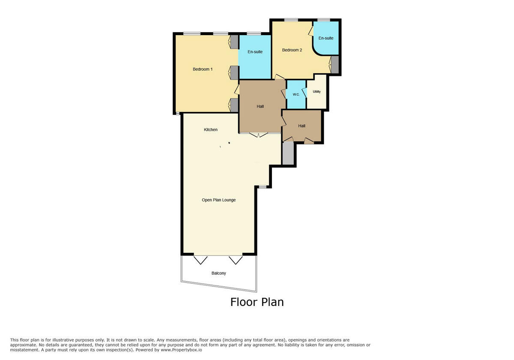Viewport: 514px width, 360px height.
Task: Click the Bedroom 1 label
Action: point(203,69)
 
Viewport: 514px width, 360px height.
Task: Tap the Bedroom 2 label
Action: point(292,50)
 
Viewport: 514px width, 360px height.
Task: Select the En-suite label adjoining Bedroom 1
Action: point(255,52)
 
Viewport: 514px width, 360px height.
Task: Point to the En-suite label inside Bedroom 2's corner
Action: point(326,38)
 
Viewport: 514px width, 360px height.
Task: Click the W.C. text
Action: point(296,94)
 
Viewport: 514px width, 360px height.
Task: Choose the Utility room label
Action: point(317,92)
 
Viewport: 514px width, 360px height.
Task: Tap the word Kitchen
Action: point(210,129)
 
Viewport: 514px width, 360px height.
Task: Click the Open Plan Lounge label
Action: point(218,200)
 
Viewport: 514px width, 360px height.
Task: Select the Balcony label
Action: point(218,273)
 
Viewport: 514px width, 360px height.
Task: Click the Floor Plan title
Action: point(257,302)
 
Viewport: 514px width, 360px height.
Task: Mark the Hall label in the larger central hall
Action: point(260,106)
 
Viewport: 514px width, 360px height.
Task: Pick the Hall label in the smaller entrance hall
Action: point(302,126)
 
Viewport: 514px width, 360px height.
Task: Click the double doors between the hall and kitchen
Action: point(259,135)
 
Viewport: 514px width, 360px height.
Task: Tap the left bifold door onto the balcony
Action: point(200,260)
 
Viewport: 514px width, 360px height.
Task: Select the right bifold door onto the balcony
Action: point(236,260)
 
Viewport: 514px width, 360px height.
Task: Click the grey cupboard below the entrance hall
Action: point(288,153)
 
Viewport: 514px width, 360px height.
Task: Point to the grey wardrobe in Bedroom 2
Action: point(335,64)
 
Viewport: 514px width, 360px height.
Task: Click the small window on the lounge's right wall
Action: point(262,186)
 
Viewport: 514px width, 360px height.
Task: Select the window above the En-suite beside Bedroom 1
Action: point(254,33)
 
